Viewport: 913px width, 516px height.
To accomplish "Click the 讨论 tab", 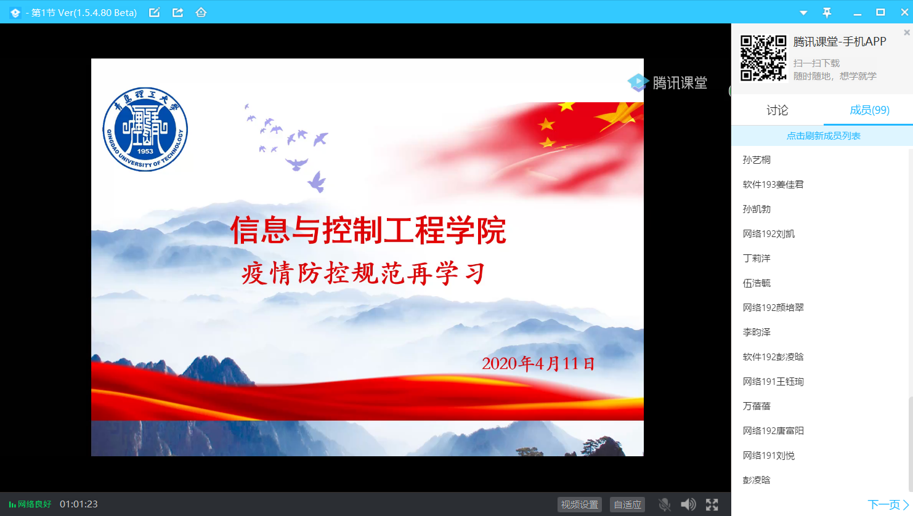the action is [x=777, y=110].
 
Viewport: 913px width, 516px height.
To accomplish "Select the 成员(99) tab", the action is [x=869, y=110].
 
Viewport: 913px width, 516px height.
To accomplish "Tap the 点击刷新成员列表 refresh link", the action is [x=823, y=135].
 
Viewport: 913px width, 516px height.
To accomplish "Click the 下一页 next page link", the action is [x=888, y=504].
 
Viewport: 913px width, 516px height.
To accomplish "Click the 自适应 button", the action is [x=627, y=504].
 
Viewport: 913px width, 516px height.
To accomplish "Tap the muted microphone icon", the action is [x=664, y=504].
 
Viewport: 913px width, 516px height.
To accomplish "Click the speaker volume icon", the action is [x=688, y=504].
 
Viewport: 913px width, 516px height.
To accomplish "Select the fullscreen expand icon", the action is [x=712, y=504].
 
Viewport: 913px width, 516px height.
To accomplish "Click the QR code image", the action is [x=763, y=58].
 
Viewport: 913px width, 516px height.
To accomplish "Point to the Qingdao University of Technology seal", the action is [x=145, y=129].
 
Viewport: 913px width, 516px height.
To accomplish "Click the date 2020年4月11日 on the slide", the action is [x=538, y=363].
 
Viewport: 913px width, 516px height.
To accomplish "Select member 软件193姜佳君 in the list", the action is [x=773, y=185].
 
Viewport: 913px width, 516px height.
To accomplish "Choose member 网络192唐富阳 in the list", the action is [x=773, y=430].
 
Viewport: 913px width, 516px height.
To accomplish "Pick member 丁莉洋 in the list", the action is [x=757, y=258].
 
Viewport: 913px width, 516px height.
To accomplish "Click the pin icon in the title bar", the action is [x=827, y=13].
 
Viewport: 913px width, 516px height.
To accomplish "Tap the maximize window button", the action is [x=880, y=12].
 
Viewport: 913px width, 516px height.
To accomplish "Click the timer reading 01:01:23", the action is [x=79, y=504].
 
